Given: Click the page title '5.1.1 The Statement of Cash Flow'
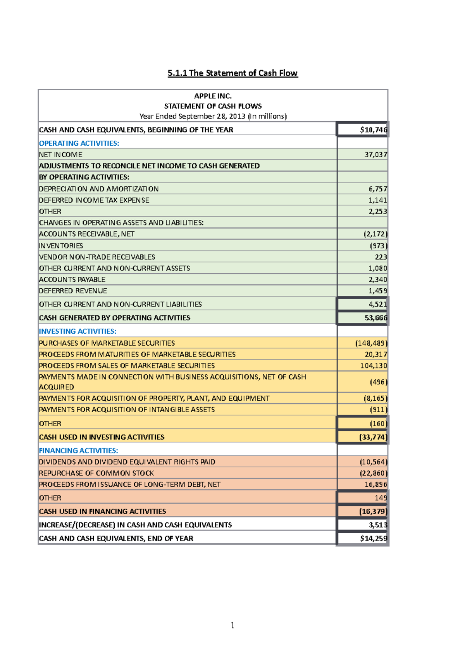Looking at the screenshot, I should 232,73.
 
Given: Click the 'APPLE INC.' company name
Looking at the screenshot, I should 213,96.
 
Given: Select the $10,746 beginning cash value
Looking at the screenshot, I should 373,130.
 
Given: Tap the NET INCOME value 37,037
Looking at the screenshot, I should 375,155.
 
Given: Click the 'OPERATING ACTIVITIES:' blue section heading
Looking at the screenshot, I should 79,143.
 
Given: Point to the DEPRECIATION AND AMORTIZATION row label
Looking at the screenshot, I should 99,189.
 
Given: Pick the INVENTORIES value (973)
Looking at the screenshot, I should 378,246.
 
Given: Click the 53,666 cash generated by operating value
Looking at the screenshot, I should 375,318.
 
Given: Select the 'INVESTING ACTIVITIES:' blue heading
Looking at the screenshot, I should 77,331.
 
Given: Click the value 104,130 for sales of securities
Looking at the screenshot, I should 373,365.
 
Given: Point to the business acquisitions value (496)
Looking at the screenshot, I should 378,382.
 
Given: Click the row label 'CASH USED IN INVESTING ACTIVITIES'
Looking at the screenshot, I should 102,437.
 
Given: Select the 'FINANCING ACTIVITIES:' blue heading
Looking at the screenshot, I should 78,451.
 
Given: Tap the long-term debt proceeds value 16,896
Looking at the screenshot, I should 375,484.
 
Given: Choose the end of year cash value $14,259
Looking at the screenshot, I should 373,538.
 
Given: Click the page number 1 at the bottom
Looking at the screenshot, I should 232,625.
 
